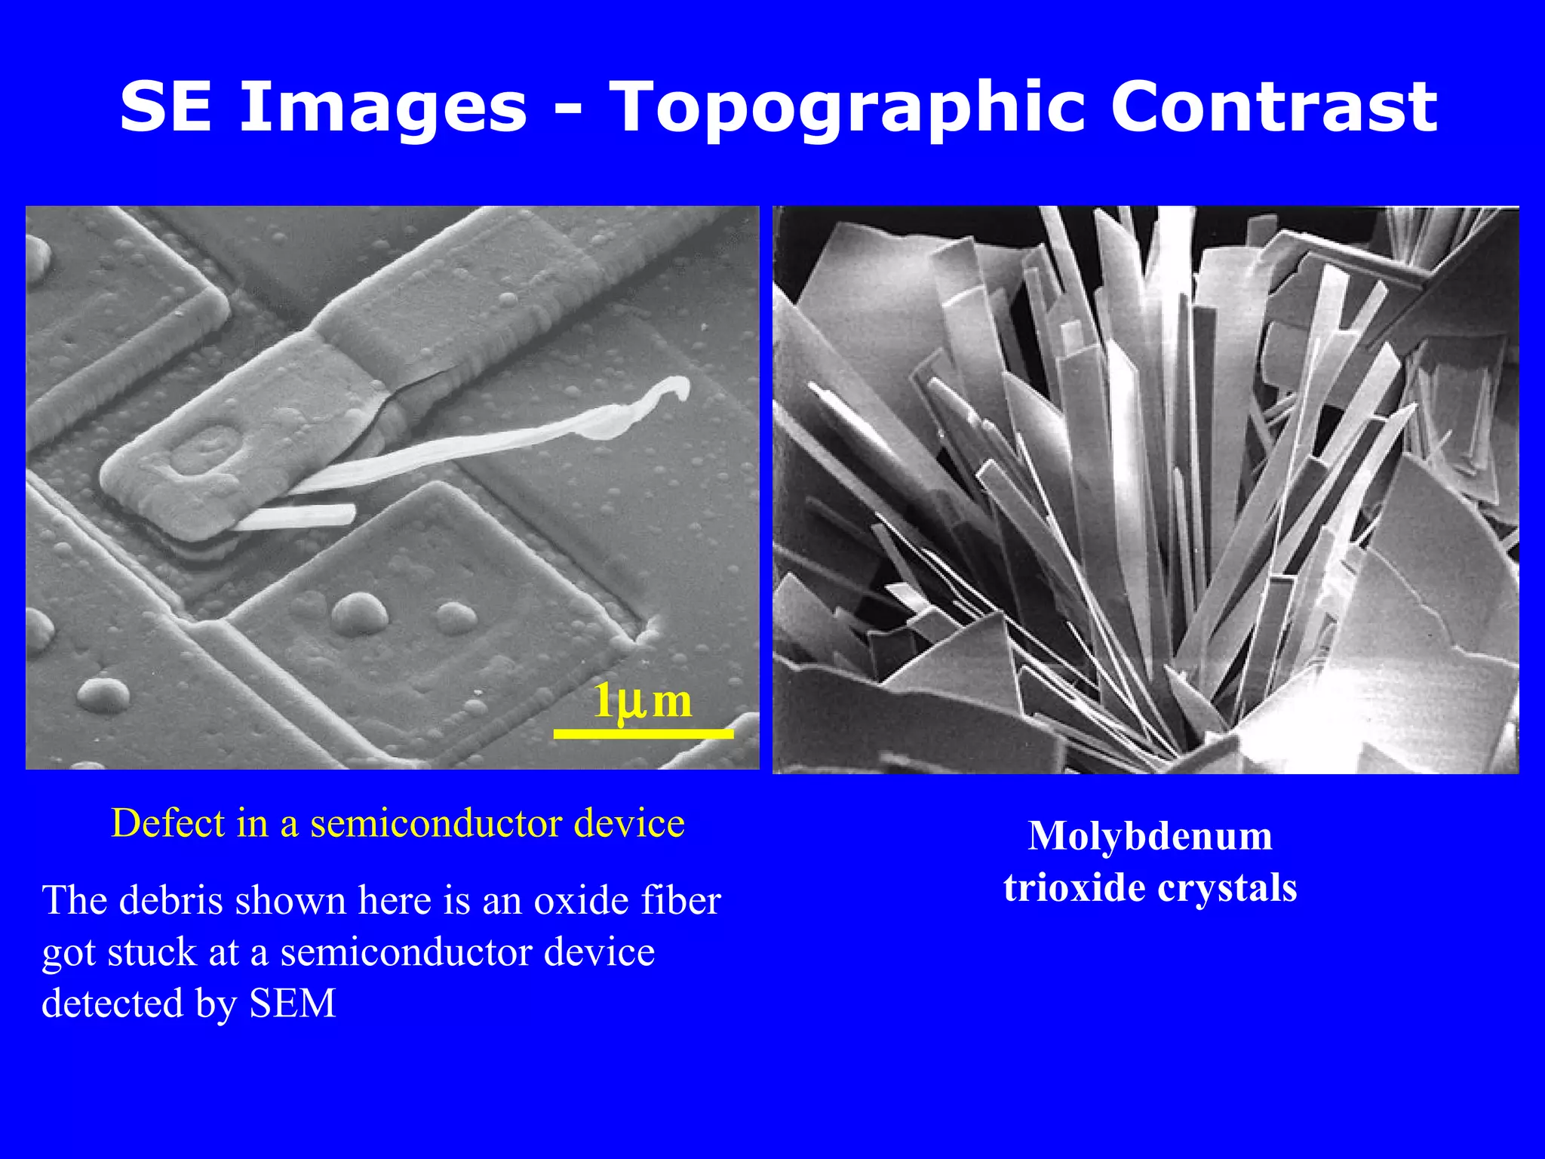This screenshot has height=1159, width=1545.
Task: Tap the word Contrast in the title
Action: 1273,108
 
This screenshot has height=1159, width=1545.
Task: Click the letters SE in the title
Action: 165,108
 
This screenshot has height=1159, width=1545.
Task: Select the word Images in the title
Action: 383,108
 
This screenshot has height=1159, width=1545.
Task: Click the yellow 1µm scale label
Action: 642,701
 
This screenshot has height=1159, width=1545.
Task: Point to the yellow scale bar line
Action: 643,733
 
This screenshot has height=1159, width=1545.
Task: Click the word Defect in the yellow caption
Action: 168,822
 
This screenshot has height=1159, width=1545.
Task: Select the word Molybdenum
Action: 1150,836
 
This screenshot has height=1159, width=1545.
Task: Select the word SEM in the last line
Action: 293,1004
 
